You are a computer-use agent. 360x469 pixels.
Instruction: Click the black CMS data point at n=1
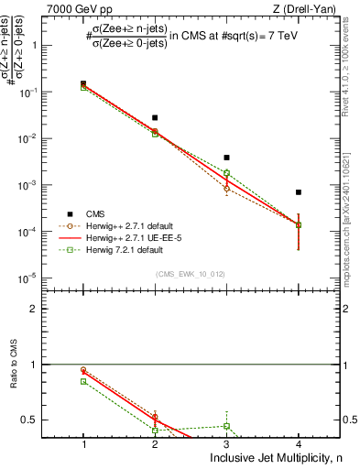(x=83, y=83)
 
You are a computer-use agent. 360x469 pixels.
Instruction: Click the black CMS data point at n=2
(x=155, y=117)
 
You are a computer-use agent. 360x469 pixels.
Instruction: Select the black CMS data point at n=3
(x=226, y=158)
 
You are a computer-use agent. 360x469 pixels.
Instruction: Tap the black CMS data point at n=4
(x=299, y=192)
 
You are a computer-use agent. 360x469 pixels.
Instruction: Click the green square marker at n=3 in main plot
(x=226, y=172)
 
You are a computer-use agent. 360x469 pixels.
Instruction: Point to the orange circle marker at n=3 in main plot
(x=226, y=189)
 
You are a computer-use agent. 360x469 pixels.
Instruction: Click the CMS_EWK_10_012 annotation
(x=191, y=274)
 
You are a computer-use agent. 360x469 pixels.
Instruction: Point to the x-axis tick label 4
(x=299, y=444)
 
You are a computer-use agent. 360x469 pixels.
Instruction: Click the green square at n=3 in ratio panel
(x=226, y=426)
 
